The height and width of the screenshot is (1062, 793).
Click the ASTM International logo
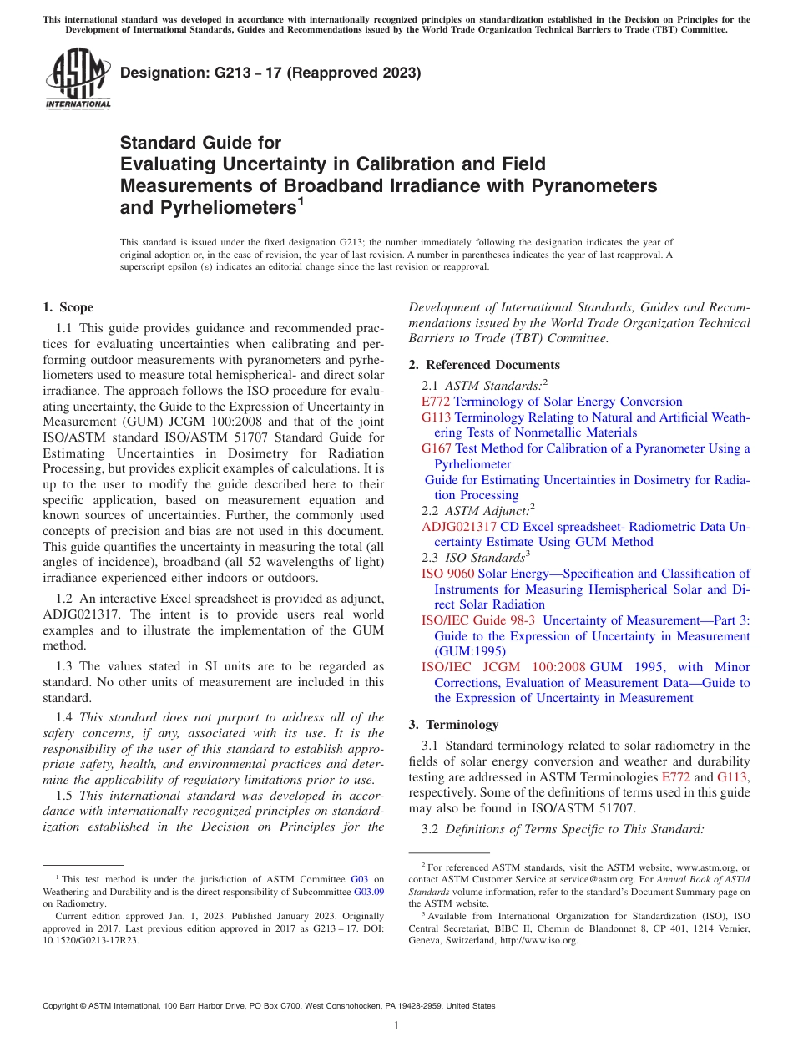(78, 79)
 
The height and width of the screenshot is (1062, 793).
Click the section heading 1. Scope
(68, 307)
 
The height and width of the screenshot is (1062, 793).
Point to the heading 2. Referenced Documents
(484, 365)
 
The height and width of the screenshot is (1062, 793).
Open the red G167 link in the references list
(437, 448)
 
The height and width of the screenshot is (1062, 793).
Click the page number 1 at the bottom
(396, 1026)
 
